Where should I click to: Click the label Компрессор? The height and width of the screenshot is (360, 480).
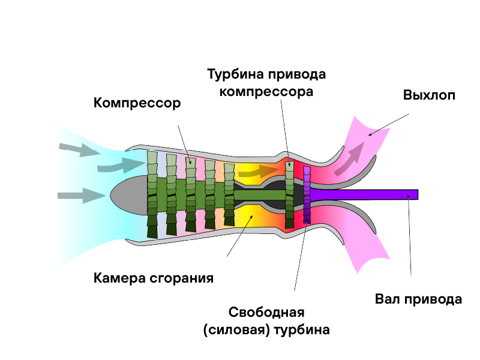click(x=137, y=103)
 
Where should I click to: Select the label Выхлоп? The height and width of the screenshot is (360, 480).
click(x=429, y=95)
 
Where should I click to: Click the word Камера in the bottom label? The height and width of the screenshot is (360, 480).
click(x=119, y=278)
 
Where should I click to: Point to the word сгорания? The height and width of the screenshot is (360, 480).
click(x=182, y=278)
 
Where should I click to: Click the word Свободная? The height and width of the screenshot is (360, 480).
click(x=266, y=313)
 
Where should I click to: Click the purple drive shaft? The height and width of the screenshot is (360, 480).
click(x=364, y=194)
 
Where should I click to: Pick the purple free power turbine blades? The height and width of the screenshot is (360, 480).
click(x=307, y=194)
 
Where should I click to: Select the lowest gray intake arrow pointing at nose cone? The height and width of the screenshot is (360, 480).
click(x=82, y=196)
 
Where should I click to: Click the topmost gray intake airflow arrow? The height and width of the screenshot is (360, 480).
click(x=80, y=149)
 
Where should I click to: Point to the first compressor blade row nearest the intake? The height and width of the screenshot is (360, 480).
click(x=152, y=194)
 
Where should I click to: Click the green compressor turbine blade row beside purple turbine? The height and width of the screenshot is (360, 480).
click(x=289, y=194)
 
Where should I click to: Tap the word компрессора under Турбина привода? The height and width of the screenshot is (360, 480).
click(x=266, y=92)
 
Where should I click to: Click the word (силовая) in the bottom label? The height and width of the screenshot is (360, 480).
click(x=236, y=330)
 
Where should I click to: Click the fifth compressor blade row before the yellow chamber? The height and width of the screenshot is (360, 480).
click(x=229, y=194)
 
